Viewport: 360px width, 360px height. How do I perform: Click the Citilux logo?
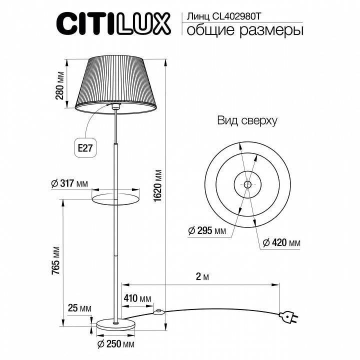(116, 24)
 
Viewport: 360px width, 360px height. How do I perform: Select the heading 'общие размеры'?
(245, 31)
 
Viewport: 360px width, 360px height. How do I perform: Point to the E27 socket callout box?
(85, 148)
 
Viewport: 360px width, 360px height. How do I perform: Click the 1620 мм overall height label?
(158, 185)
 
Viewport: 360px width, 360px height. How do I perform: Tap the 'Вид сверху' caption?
(247, 121)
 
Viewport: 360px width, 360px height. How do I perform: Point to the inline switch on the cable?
(159, 312)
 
